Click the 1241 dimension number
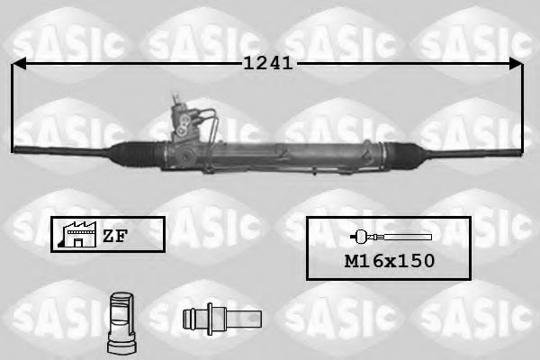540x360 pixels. tap(266, 63)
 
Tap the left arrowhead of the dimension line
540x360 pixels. tap(18, 63)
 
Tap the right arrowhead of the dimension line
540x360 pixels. tap(517, 63)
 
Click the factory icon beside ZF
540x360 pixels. tap(77, 234)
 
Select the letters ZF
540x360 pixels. tap(114, 236)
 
